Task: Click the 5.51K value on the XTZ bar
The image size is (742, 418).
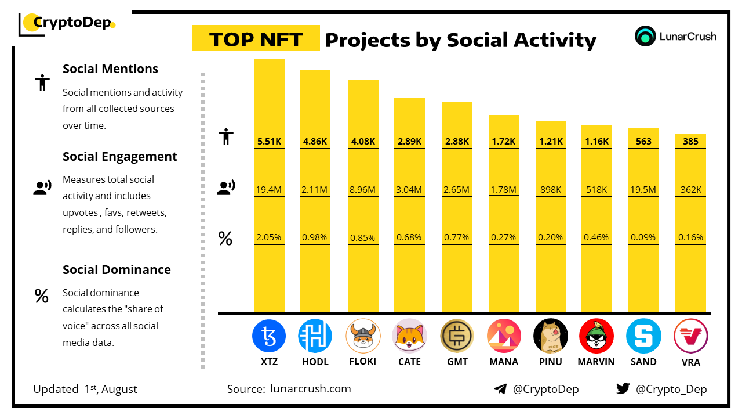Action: click(x=269, y=141)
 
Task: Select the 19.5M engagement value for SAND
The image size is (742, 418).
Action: click(x=643, y=189)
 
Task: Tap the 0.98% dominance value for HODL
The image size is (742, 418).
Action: click(x=315, y=237)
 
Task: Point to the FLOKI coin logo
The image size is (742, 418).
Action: click(x=363, y=336)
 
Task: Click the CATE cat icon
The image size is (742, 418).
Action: click(x=410, y=336)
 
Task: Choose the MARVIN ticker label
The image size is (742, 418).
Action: click(x=596, y=362)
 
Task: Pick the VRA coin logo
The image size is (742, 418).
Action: click(x=690, y=336)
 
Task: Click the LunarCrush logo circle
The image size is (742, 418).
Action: click(x=645, y=36)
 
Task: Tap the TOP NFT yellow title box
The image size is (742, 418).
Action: click(x=256, y=39)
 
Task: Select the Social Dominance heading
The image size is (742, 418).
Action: click(x=117, y=269)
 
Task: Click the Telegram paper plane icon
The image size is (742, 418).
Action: click(x=500, y=389)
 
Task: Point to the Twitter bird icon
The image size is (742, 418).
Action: click(x=623, y=389)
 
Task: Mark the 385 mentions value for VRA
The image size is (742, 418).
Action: click(x=690, y=141)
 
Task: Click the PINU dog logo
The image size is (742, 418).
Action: click(x=550, y=336)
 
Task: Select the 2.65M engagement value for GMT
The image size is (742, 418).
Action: click(x=457, y=189)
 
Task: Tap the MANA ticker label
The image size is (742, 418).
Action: click(x=503, y=362)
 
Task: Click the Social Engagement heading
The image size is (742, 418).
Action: click(x=120, y=156)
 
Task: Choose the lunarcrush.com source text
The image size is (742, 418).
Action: click(x=311, y=389)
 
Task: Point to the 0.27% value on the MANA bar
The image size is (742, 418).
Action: click(x=503, y=237)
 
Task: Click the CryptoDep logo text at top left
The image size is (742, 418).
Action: click(x=72, y=23)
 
